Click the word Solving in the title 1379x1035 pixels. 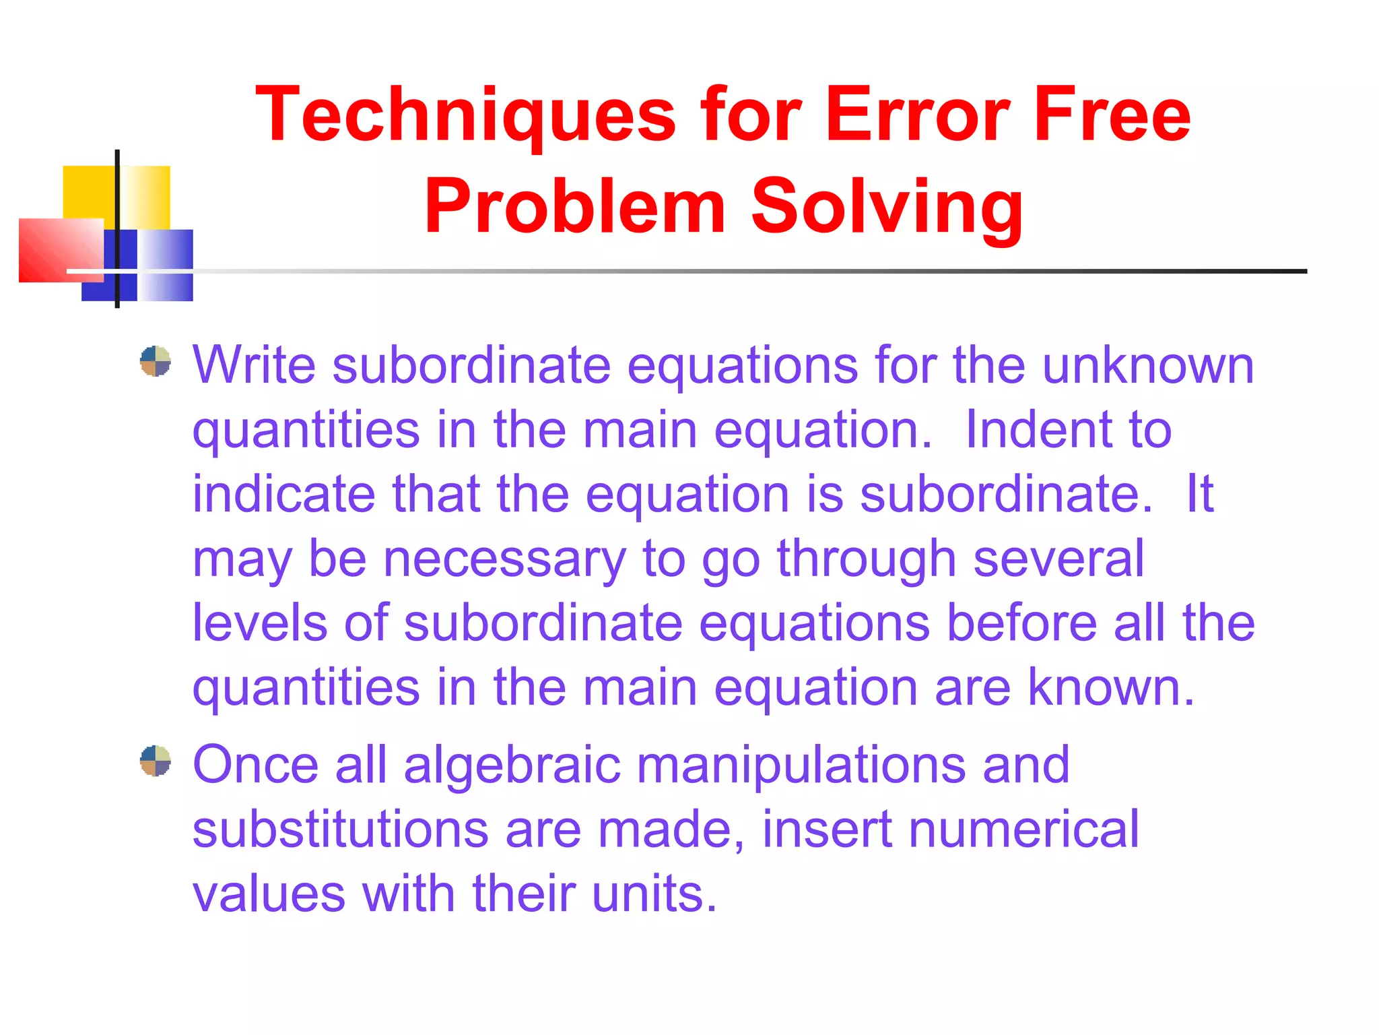coord(887,207)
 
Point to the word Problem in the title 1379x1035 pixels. coord(574,207)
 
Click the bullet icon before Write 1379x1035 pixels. coord(155,361)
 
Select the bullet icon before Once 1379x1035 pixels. coord(155,761)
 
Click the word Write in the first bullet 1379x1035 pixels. coord(254,365)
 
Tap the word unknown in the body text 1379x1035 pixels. coord(1148,365)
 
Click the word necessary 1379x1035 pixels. coord(504,559)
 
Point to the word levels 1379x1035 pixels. coord(260,623)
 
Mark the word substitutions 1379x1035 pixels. coord(340,829)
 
